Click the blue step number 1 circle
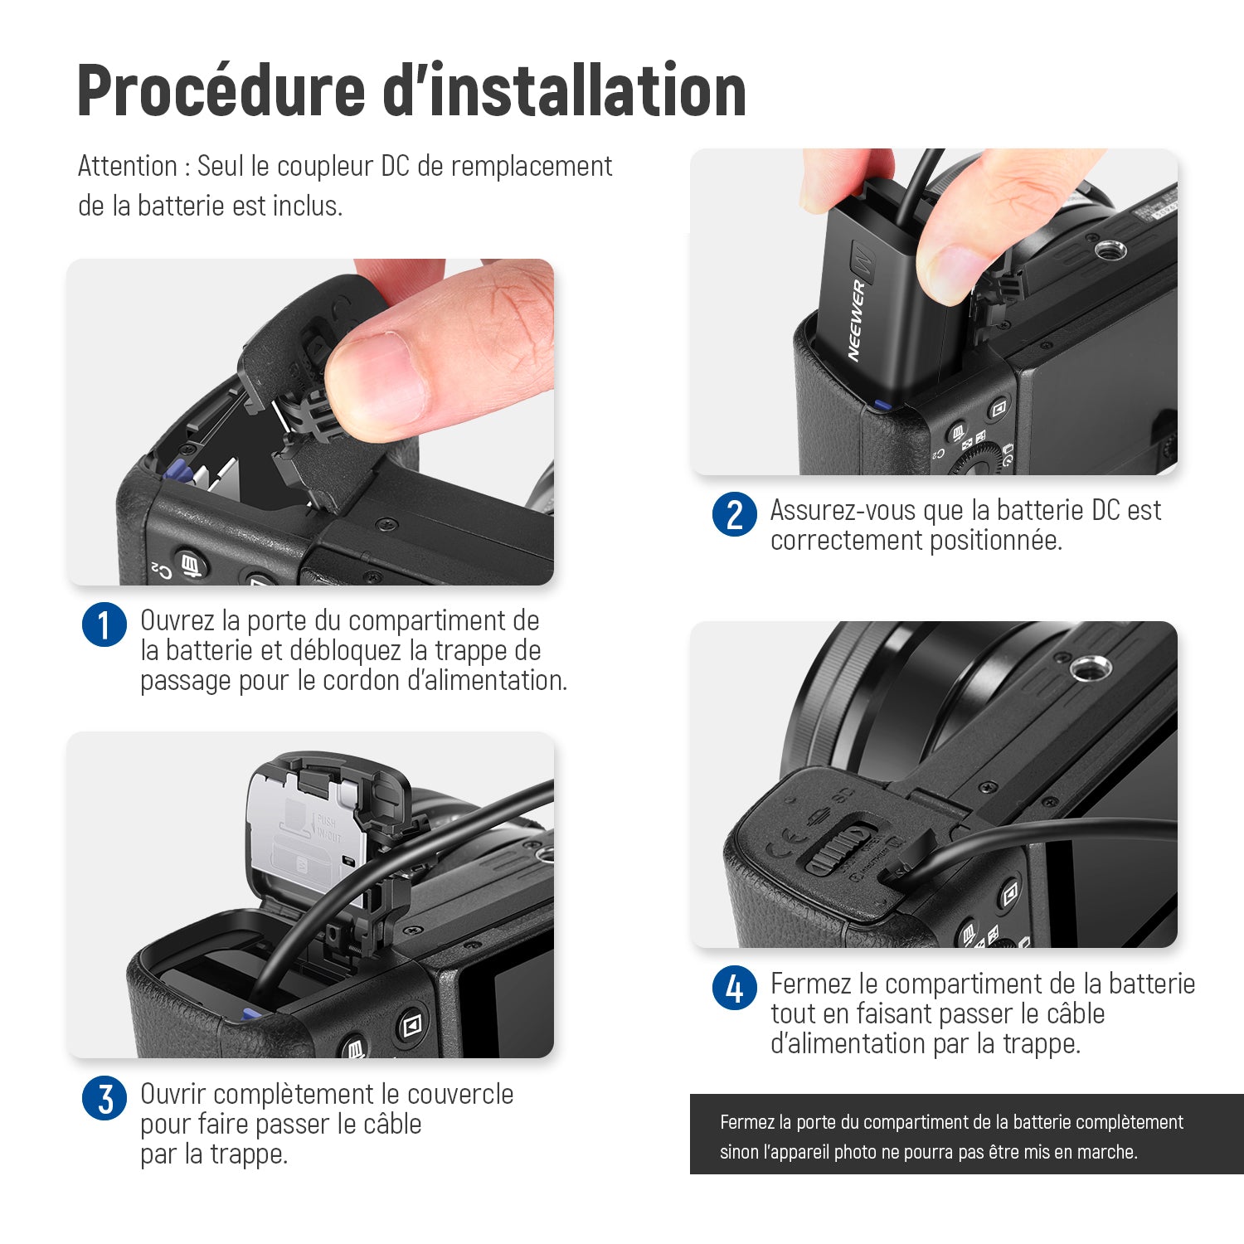104,624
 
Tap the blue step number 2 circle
735,514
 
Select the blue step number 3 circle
104,1098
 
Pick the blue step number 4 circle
735,988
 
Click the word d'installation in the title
565,90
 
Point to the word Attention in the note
128,166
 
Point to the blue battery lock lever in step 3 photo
251,1014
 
